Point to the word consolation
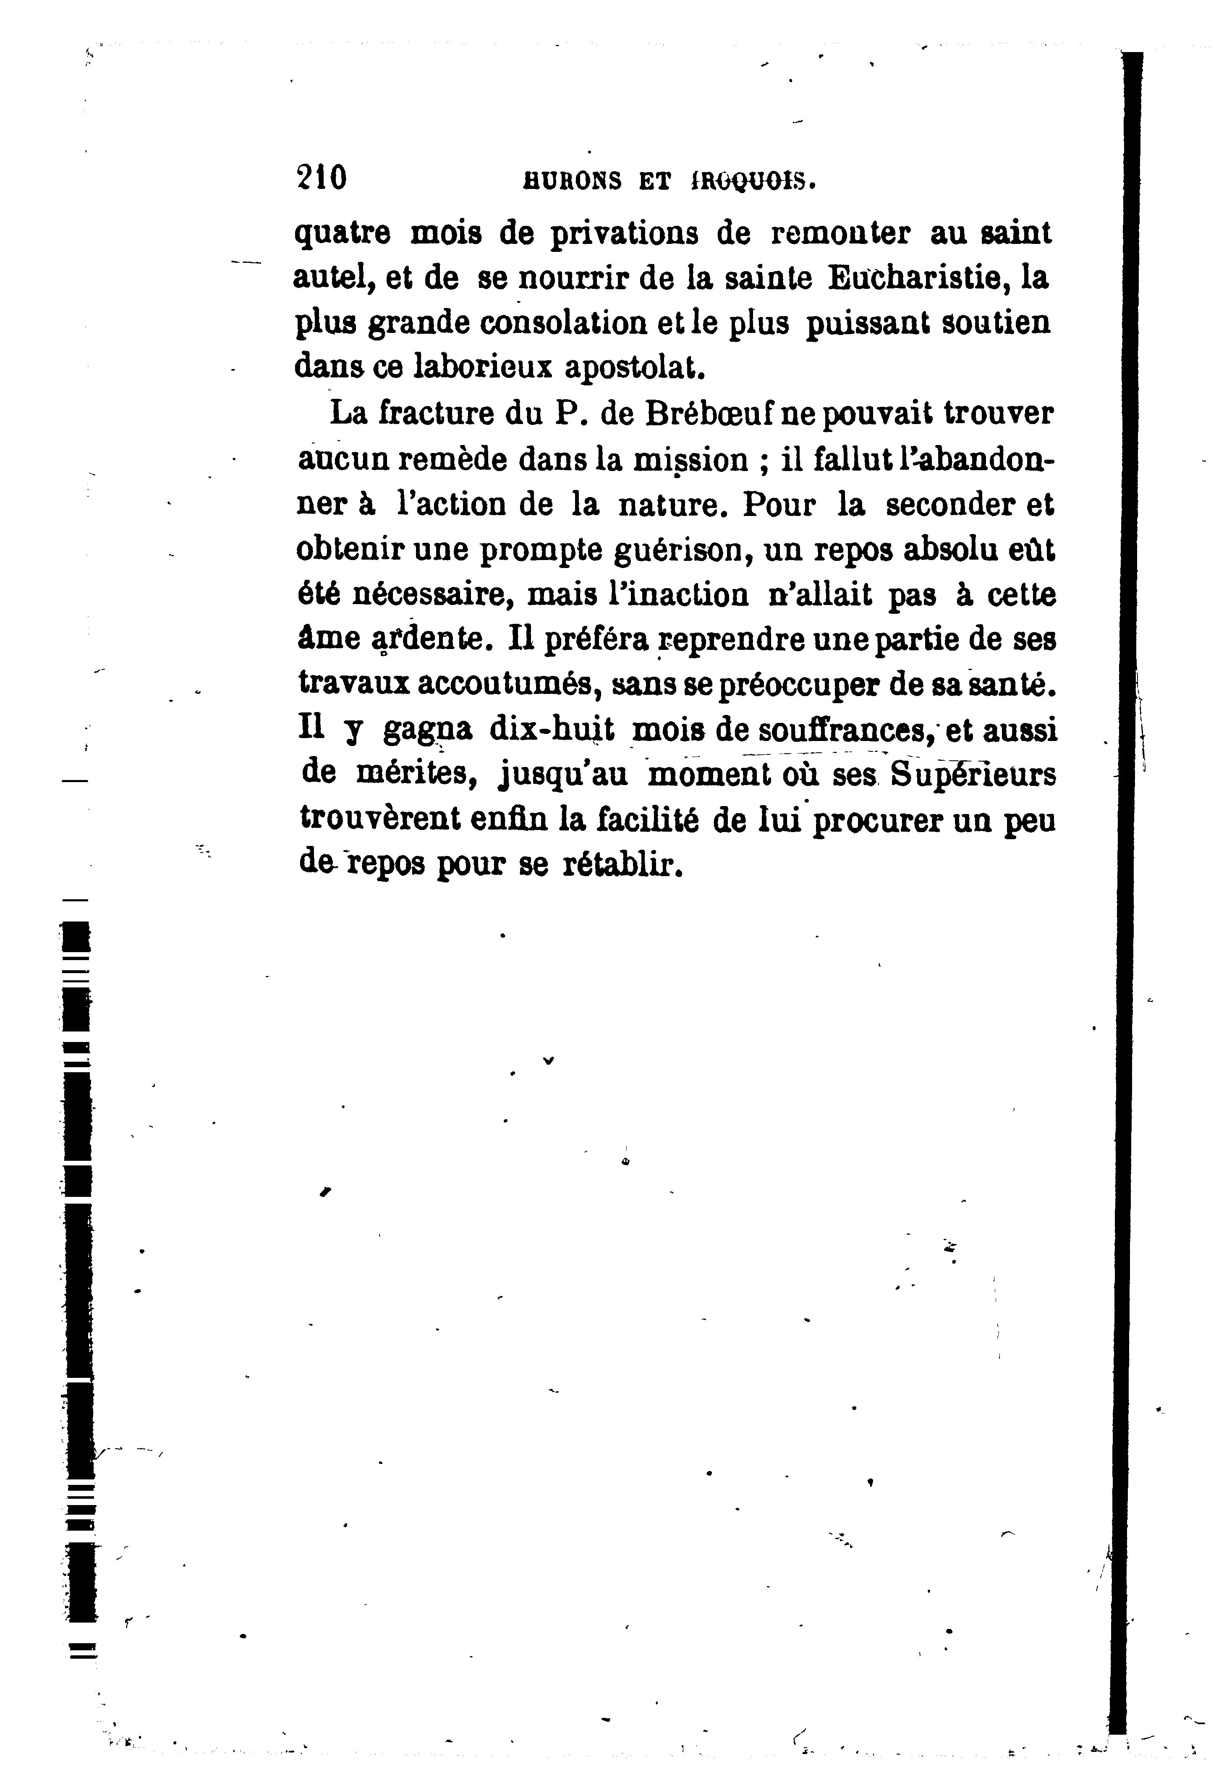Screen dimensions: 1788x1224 tap(563, 323)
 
